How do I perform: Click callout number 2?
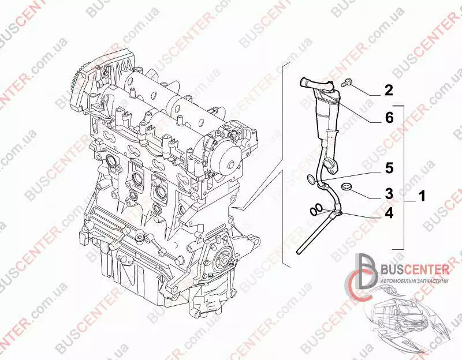tap(389, 91)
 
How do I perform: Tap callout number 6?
tap(389, 118)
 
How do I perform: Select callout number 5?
tap(389, 168)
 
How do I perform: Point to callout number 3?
tap(389, 194)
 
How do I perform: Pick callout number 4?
tap(389, 213)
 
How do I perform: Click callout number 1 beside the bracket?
tap(422, 196)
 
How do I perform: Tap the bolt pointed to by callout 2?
tap(346, 83)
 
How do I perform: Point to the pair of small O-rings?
tap(315, 211)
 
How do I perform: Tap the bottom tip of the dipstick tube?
tap(298, 252)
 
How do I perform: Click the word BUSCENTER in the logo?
tap(415, 269)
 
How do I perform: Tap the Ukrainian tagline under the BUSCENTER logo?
tap(415, 281)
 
